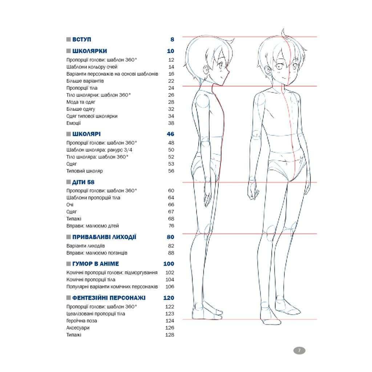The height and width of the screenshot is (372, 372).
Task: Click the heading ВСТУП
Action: tap(82, 39)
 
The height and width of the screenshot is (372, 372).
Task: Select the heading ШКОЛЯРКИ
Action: tap(89, 51)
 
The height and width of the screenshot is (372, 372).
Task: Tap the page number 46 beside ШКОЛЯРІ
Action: tap(170, 134)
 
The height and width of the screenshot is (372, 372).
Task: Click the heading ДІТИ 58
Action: tap(83, 182)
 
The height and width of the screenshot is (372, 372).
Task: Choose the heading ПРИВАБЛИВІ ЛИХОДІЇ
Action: tap(104, 237)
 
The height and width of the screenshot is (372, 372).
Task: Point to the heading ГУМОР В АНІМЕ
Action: tap(96, 264)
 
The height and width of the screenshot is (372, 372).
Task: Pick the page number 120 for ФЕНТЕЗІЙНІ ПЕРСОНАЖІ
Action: tap(169, 298)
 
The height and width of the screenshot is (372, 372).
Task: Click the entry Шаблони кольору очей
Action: tap(92, 67)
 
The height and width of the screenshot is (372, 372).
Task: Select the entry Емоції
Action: tap(73, 123)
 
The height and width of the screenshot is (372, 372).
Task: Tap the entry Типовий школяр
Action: tap(84, 171)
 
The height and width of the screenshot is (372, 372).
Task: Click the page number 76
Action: tap(171, 226)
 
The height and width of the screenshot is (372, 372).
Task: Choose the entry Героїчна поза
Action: tap(82, 321)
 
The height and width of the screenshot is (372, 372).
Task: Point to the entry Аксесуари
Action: tap(78, 328)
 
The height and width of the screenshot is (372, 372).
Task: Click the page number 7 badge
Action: tap(299, 351)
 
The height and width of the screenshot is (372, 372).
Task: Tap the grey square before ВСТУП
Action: tap(69, 39)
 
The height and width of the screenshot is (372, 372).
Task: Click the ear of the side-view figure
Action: tap(206, 70)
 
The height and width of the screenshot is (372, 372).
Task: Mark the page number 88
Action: tap(171, 253)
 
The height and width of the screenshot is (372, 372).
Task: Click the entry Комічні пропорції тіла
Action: tap(91, 280)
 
